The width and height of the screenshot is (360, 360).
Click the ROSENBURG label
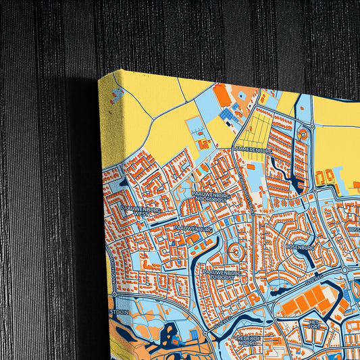click(301, 247)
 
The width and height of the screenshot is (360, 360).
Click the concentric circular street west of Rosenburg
click(236, 253)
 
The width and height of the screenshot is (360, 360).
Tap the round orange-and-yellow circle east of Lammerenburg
click(303, 135)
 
